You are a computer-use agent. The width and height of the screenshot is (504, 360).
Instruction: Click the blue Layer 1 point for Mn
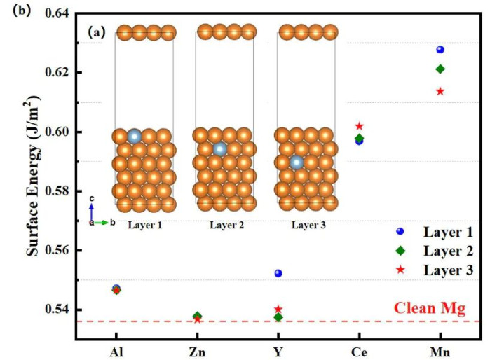[440, 50]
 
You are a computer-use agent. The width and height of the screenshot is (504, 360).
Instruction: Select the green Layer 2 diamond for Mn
[440, 69]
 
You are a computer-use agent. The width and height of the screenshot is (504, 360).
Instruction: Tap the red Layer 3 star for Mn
[440, 91]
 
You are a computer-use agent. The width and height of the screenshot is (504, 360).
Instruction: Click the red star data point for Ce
[360, 126]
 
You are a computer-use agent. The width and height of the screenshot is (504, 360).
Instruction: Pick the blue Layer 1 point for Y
[278, 273]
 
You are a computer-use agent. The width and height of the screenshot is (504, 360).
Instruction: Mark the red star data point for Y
[278, 309]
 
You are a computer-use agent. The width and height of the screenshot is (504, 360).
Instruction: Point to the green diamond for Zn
[198, 316]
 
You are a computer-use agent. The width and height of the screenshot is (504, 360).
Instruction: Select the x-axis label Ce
[360, 351]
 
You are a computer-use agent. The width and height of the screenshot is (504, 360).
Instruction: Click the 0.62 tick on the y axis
[62, 73]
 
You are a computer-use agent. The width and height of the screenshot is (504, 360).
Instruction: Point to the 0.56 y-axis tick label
[62, 251]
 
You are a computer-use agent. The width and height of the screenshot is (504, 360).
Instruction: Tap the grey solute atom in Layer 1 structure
[135, 137]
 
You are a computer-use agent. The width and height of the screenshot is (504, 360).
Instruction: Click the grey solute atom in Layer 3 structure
[297, 162]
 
